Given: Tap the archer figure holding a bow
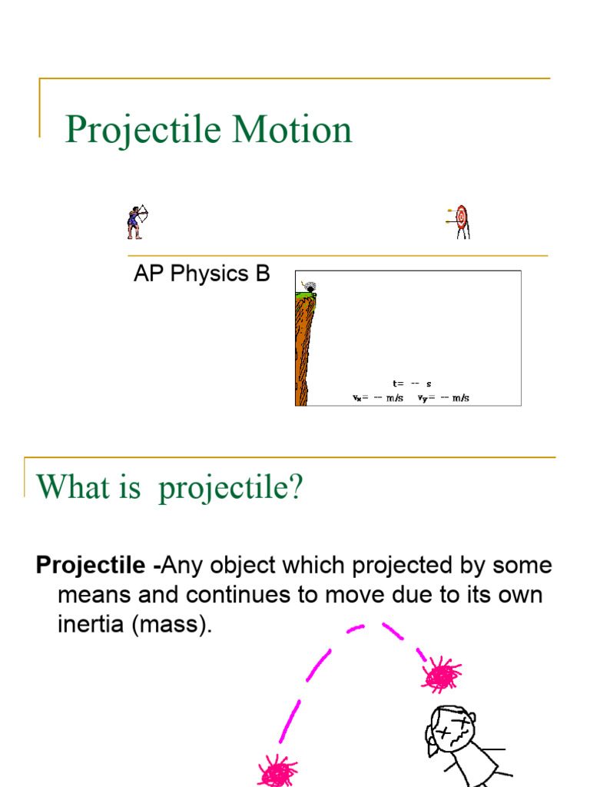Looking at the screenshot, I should pos(136,222).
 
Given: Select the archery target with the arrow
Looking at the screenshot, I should pos(460,220).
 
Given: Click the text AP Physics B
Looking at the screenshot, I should pos(201,274).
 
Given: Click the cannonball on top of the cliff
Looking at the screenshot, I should pos(310,288).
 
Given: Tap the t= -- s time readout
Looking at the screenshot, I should pos(412,383).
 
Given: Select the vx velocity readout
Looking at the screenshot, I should pos(378,398).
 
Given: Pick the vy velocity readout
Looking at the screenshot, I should pos(443,398).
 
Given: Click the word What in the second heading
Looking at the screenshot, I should pos(69,486).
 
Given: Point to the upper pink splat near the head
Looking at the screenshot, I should pos(441,675).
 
